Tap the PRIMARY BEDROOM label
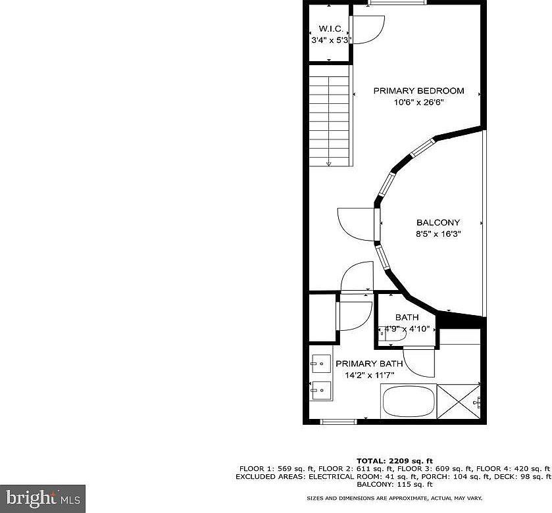(418, 91)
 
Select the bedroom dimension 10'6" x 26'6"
(418, 102)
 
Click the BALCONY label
(438, 222)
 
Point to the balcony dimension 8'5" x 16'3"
(438, 233)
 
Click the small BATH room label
(407, 317)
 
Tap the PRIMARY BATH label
(365, 364)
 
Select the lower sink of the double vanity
(321, 390)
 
